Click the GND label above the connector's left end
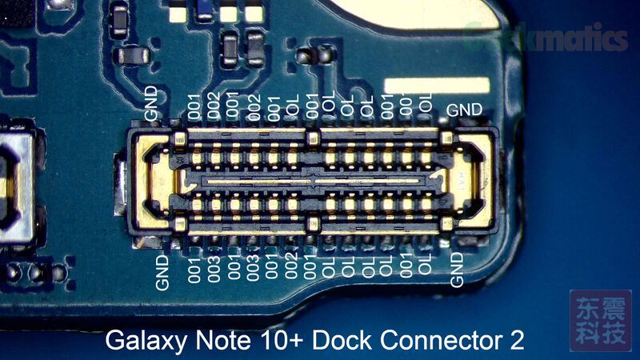pos(154,104)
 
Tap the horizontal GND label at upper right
pos(464,110)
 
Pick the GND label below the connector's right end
pos(457,269)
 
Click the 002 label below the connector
pos(290,265)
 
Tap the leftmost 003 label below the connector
pos(214,265)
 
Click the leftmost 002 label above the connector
pos(214,106)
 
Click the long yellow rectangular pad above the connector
pos(436,85)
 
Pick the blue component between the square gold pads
pos(206,10)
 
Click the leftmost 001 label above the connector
pos(194,106)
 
